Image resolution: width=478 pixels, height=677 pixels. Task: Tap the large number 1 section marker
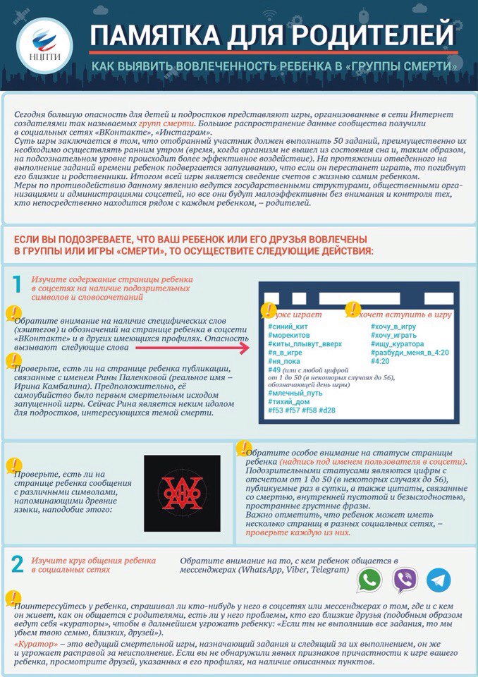pyautogui.click(x=17, y=284)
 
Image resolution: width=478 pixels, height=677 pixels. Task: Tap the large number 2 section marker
pyautogui.click(x=17, y=563)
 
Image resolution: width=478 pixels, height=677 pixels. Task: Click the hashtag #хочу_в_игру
pyautogui.click(x=393, y=327)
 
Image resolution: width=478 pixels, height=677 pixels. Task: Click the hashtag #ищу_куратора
pyautogui.click(x=398, y=343)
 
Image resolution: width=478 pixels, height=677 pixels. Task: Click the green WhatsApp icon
pyautogui.click(x=369, y=580)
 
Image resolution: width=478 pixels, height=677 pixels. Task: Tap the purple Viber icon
pyautogui.click(x=404, y=580)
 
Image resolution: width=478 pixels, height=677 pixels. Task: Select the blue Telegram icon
pyautogui.click(x=439, y=580)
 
